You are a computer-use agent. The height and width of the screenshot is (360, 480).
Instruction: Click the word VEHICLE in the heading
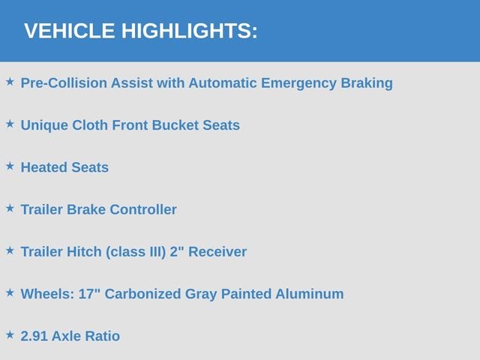(x=70, y=31)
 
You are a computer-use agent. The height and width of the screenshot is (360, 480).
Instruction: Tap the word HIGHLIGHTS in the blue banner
(x=187, y=31)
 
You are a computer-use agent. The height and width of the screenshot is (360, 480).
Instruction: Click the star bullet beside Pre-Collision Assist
(x=10, y=82)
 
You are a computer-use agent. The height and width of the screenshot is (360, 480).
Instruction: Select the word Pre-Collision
(x=64, y=83)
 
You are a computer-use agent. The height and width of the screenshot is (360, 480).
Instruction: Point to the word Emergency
(x=298, y=83)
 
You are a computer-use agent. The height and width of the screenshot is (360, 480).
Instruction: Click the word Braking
(x=367, y=83)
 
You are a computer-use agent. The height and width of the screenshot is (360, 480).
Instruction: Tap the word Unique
(x=44, y=125)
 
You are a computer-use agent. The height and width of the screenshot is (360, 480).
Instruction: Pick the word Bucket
(x=175, y=125)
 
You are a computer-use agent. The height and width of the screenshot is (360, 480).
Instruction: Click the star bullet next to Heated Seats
(x=10, y=166)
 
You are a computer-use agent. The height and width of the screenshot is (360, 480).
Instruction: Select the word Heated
(x=44, y=167)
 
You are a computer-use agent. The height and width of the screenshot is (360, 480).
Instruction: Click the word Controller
(x=143, y=210)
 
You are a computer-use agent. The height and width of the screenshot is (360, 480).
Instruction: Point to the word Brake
(x=86, y=210)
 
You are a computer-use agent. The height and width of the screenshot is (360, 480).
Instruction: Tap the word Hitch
(x=84, y=252)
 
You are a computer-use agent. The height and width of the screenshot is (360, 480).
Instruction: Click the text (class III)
(x=136, y=252)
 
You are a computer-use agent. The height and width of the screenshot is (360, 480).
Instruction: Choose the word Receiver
(x=217, y=252)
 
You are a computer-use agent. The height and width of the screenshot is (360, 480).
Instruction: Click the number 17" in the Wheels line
(x=89, y=294)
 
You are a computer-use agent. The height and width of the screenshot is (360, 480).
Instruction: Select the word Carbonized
(x=142, y=294)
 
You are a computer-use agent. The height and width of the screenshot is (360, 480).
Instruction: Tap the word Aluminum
(x=309, y=294)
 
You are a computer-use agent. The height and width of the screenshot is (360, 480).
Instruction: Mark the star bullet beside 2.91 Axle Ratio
(x=10, y=335)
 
